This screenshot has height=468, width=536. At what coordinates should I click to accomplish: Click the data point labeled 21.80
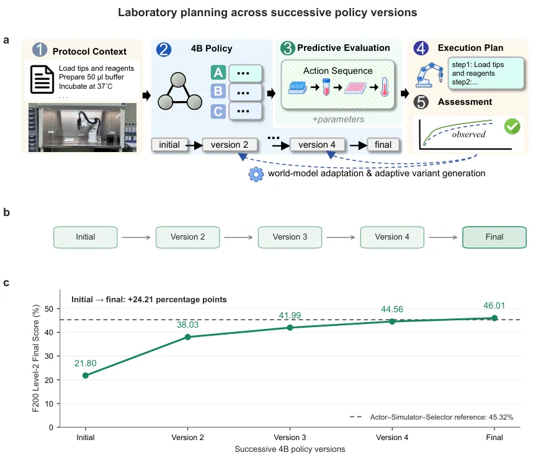tap(86, 376)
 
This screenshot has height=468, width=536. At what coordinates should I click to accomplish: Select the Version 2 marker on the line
tap(188, 337)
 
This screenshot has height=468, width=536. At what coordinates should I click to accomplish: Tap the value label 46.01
tap(494, 305)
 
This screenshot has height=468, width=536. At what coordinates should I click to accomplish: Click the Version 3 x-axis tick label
tap(290, 437)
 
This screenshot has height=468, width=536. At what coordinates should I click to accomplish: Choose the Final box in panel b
tap(494, 237)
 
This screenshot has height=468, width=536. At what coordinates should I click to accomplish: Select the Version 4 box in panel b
tap(392, 237)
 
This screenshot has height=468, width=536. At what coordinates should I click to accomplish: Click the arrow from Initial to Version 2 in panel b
tap(136, 237)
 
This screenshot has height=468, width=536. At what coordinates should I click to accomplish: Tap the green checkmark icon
tap(512, 126)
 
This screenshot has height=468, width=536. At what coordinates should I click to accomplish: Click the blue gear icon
tap(256, 174)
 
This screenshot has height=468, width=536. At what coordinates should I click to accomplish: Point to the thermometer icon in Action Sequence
tap(385, 87)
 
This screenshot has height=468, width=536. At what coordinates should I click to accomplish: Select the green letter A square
tap(218, 73)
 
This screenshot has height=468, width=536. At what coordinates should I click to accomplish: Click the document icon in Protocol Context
tap(42, 79)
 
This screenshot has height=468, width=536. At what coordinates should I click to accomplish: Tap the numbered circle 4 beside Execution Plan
tap(421, 48)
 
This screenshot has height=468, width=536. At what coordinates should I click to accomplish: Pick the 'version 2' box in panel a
tap(230, 145)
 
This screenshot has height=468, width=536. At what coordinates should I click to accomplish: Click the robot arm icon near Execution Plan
tap(429, 75)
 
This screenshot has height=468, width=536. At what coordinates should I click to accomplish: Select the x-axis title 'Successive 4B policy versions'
tap(290, 449)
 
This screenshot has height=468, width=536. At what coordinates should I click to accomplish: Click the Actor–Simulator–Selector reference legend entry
tap(431, 417)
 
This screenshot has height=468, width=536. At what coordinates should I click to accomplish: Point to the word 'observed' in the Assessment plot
tap(468, 135)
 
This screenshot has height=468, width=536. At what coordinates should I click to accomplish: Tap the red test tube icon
tap(326, 87)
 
